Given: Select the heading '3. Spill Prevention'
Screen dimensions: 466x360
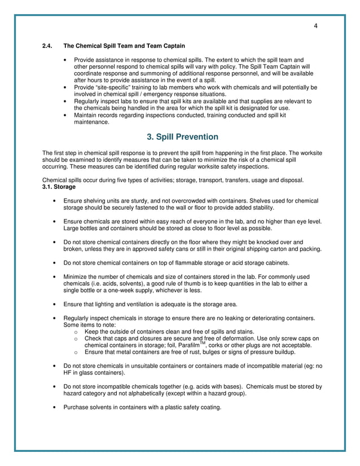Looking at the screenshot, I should tap(182, 137).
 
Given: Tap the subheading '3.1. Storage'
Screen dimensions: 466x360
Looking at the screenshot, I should tap(59, 187).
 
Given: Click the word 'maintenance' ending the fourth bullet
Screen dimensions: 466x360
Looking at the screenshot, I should tap(92, 122).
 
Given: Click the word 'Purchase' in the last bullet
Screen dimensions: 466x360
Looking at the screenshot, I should tap(77, 407).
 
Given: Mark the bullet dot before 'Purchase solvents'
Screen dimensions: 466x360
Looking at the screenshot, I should tap(54, 407).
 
